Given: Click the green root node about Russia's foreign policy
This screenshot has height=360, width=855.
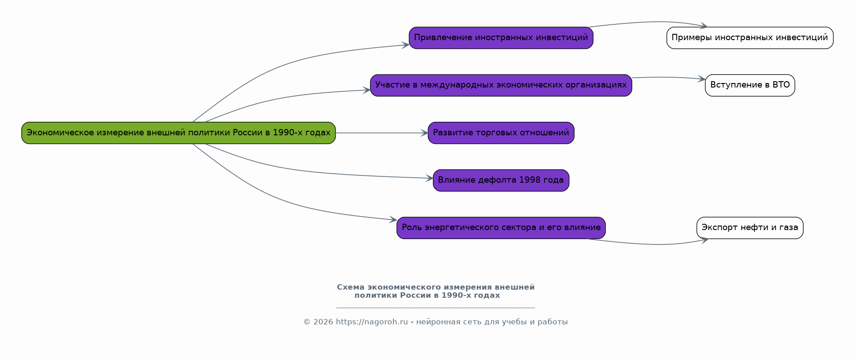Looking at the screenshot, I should tap(178, 133).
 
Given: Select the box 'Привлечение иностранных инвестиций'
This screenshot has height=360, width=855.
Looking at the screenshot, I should tap(501, 37).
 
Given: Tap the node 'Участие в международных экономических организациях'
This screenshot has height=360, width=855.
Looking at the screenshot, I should tap(501, 85).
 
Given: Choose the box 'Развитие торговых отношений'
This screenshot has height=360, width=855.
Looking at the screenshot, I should tap(501, 133).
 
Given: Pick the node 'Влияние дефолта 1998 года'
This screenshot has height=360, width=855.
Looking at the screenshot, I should tap(501, 180).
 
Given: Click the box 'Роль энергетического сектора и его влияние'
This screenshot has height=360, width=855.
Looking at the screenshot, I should tap(501, 228).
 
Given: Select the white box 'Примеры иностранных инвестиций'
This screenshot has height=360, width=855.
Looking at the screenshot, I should tap(749, 37).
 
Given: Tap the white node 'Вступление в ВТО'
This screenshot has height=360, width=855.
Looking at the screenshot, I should tap(749, 85).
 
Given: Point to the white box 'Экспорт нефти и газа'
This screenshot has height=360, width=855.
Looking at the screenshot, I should tap(749, 228).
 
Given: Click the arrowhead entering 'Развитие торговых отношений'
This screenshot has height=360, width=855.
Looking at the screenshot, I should tap(424, 133).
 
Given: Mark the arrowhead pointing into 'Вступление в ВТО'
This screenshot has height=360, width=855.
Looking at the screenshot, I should tap(702, 79).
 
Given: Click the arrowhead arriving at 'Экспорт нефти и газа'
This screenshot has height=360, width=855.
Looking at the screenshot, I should tap(704, 240).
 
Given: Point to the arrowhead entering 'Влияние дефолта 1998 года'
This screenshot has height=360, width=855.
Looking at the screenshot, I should tap(429, 179).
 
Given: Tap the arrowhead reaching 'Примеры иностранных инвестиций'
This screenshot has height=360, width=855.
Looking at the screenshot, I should tap(703, 26).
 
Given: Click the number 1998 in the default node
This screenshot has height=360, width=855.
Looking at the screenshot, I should tap(529, 180).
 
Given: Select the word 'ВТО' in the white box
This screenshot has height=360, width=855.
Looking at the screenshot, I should tap(781, 85).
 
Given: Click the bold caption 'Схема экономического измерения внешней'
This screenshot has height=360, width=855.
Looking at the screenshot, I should tap(436, 287).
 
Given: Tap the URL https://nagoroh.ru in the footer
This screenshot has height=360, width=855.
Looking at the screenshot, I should tap(372, 322).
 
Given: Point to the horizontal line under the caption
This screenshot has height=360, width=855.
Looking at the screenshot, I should tap(436, 308).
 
